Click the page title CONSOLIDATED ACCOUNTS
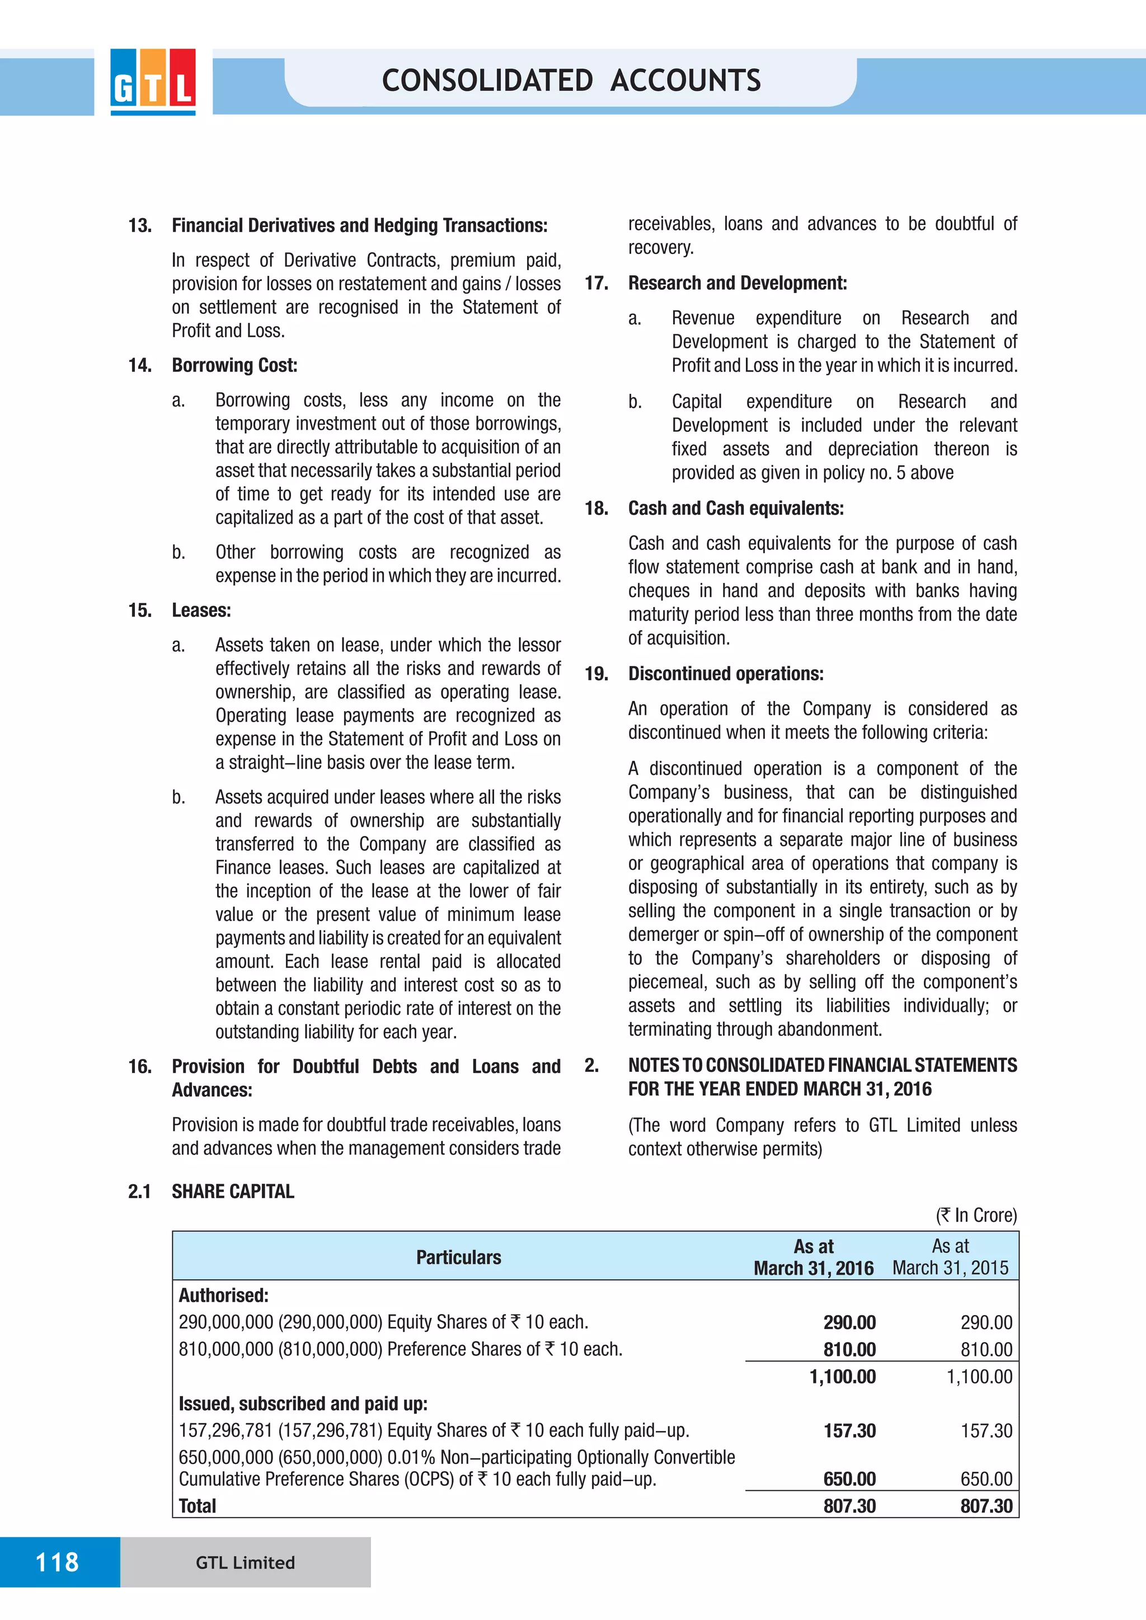(571, 81)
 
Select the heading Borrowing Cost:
(234, 365)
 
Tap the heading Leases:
(201, 610)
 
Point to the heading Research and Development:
(738, 283)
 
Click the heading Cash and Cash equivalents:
(735, 508)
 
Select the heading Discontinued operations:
(725, 674)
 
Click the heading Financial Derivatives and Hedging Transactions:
(359, 226)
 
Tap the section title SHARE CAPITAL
(233, 1192)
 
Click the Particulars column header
(459, 1258)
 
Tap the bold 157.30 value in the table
(849, 1431)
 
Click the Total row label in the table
(198, 1506)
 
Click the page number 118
(57, 1562)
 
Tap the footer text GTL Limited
(245, 1563)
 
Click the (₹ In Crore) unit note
(976, 1215)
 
